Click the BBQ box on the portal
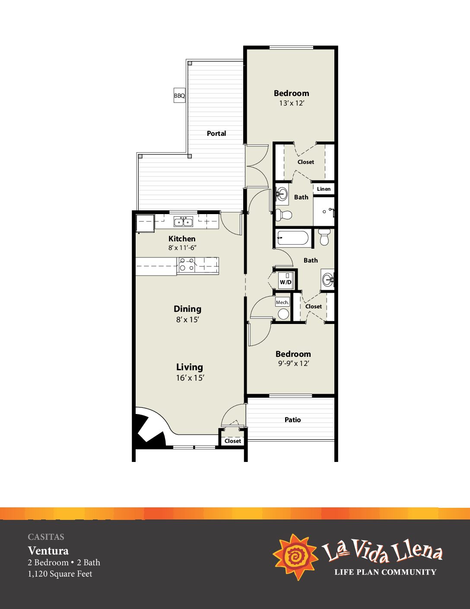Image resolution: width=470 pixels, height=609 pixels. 179,96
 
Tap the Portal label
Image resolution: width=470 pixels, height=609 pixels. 216,133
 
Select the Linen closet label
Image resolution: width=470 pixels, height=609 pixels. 324,189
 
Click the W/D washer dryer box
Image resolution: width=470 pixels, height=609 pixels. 286,279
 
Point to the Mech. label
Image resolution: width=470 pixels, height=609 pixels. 282,302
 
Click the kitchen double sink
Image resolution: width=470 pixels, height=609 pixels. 183,222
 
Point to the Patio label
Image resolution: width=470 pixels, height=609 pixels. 292,420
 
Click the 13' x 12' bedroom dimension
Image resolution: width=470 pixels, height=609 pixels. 292,103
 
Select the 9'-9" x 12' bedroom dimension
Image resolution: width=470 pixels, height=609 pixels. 292,363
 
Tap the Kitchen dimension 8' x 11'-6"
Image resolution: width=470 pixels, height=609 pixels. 182,248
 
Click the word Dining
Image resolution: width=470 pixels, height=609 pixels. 187,309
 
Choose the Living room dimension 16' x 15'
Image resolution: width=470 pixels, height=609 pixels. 190,378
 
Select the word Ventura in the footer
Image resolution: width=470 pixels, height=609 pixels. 48,551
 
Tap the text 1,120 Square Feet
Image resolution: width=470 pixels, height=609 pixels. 60,574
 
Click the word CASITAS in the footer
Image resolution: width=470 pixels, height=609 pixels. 46,537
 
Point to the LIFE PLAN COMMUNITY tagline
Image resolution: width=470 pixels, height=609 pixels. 385,572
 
